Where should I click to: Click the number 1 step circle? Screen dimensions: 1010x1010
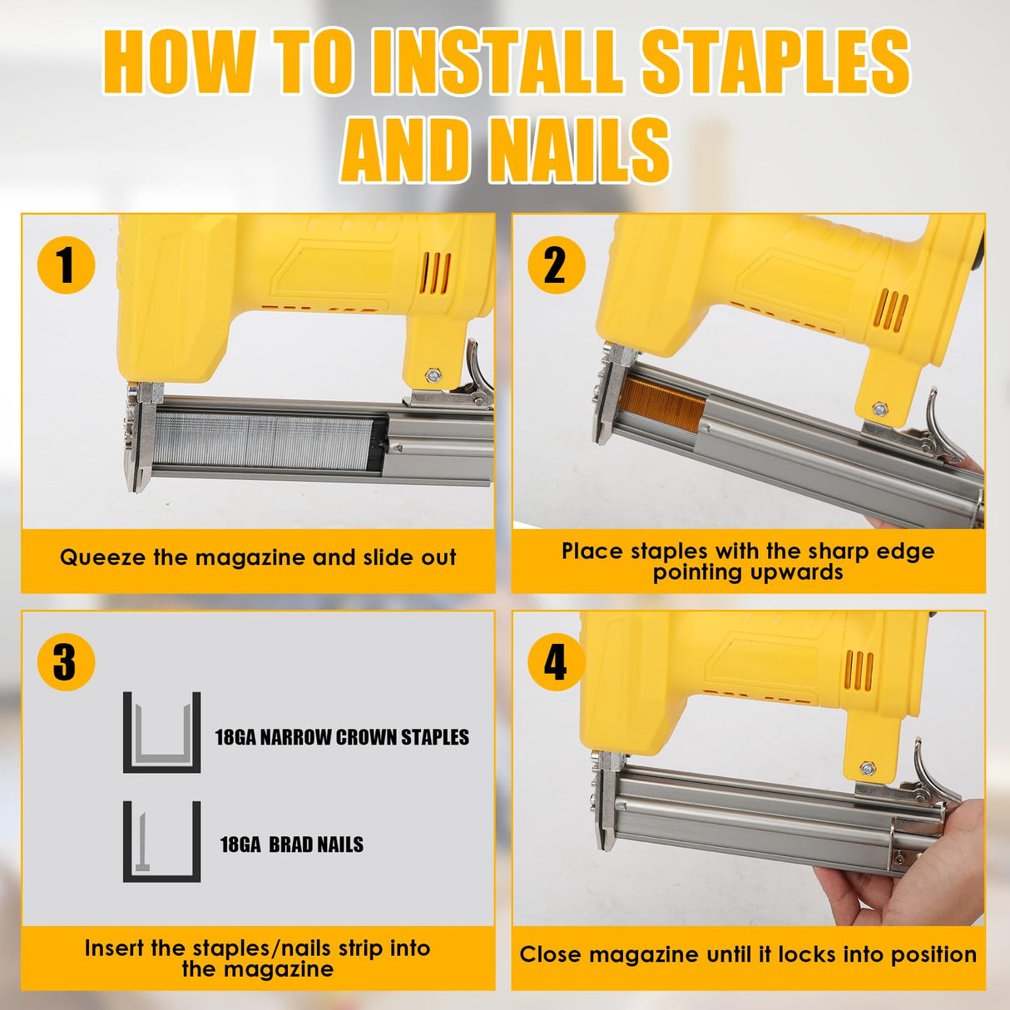coord(66,265)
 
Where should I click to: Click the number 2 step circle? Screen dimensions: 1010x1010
coord(556,265)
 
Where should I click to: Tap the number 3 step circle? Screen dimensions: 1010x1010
coord(66,662)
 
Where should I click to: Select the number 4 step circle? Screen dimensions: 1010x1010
coord(556,662)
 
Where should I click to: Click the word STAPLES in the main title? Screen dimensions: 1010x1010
coord(775,62)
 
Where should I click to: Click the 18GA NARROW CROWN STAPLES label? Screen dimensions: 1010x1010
coord(342,737)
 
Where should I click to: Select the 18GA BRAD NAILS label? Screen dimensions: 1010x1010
coord(291,844)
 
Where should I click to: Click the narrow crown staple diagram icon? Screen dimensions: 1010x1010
coord(162,732)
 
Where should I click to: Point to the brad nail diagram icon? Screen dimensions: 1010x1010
coord(162,841)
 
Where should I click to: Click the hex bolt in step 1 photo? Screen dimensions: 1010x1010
coord(432,376)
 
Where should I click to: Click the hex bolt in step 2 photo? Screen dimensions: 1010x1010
coord(879,408)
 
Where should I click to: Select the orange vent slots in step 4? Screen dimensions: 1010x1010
coord(859,671)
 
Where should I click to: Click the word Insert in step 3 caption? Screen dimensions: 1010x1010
coord(114,948)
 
